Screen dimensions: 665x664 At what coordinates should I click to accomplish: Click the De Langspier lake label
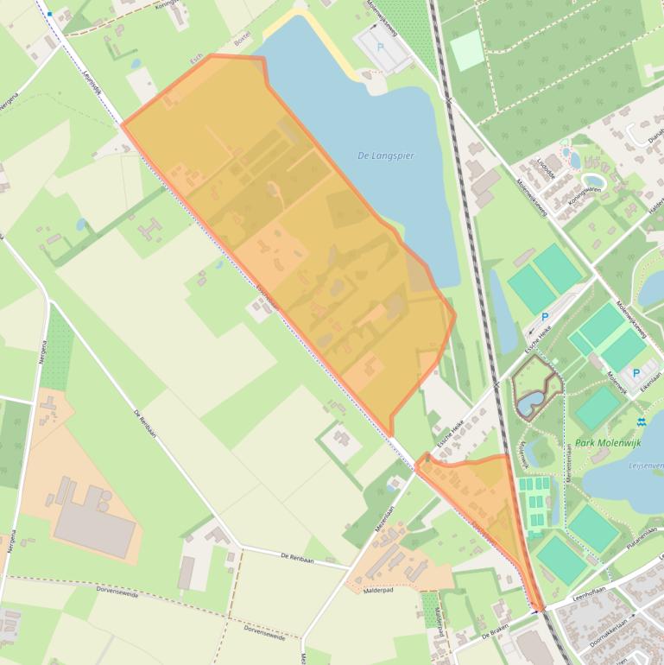coord(385,156)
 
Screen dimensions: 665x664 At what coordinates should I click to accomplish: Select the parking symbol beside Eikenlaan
coord(636,374)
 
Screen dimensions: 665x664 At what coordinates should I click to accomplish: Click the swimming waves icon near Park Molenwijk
coord(641,421)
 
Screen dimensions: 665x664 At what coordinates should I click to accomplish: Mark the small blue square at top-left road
coord(50,14)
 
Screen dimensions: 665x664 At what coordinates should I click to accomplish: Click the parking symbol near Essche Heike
coord(545,316)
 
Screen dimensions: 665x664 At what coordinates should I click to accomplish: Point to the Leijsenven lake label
coord(647,465)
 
